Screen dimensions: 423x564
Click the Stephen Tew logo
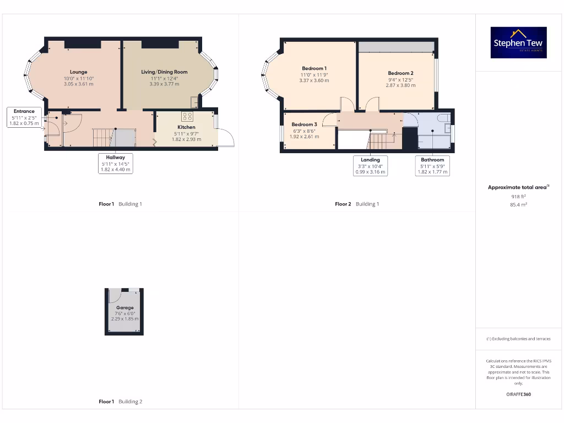point(519,43)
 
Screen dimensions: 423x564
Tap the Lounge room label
point(78,72)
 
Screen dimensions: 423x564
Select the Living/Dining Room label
point(164,72)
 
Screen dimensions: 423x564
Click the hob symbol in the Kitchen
point(187,116)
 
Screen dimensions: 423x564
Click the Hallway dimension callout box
point(116,164)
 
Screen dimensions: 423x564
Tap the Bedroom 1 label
point(314,68)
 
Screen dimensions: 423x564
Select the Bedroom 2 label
point(400,73)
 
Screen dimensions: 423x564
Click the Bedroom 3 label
point(304,124)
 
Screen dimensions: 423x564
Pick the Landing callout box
point(370,165)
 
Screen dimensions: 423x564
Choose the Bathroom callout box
point(432,165)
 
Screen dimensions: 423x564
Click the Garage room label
point(124,308)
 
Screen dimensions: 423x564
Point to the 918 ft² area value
point(518,196)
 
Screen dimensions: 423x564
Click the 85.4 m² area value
point(518,204)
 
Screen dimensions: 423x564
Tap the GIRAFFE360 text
point(518,394)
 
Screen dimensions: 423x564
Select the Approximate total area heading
point(518,187)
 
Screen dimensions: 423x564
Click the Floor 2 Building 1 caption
point(357,204)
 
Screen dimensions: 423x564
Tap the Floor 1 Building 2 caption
point(120,402)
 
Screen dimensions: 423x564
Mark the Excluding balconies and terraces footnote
point(518,339)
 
